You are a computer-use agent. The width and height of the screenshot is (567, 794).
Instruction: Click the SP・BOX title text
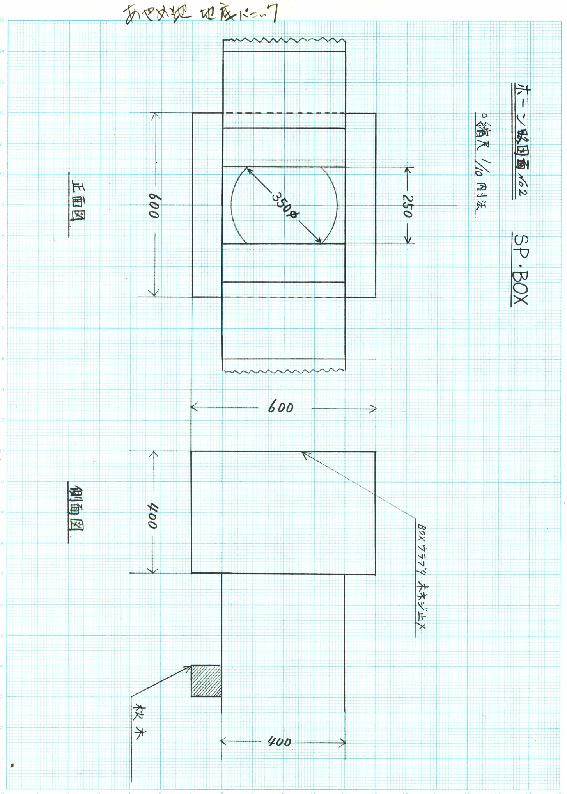coord(521,270)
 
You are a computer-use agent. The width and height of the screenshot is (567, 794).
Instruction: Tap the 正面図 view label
coord(78,202)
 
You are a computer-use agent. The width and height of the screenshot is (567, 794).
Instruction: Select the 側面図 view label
coord(76,508)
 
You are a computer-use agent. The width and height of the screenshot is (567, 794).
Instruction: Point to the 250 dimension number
coord(408,206)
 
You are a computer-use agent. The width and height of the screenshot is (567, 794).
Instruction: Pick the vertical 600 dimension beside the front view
coord(154,206)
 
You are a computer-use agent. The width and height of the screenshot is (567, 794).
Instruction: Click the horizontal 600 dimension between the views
coord(281,408)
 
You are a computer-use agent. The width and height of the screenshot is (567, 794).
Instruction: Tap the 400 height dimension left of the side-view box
coord(153,515)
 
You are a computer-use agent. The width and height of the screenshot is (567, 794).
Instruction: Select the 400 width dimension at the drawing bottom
coord(279,742)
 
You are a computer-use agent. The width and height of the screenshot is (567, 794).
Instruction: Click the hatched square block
coord(206,681)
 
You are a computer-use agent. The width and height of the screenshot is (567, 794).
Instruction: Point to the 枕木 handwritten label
coord(138,722)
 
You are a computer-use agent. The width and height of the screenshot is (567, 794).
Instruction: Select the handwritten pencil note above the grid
coord(201,14)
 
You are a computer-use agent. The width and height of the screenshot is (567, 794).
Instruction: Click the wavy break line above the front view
coord(284,40)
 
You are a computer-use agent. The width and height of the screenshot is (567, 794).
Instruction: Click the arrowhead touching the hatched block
coord(189,667)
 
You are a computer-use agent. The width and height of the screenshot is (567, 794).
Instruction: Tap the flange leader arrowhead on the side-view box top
coord(305,454)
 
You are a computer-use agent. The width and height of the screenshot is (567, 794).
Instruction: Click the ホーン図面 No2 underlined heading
coord(521,140)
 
